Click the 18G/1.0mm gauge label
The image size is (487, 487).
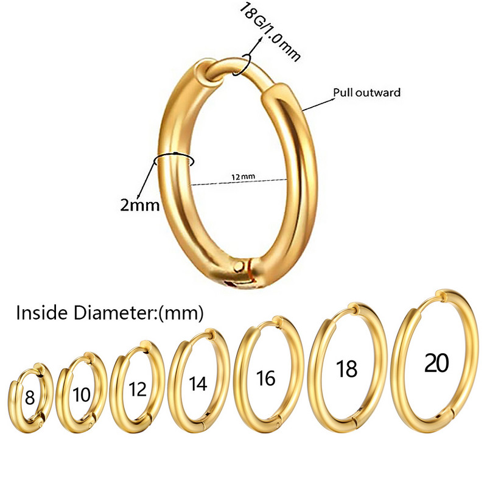270,32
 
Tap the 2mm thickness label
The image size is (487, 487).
140,205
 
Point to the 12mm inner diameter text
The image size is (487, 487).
243,177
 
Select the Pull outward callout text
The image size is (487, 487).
367,93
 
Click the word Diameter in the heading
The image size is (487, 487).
114,312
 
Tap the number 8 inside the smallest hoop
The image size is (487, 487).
30,398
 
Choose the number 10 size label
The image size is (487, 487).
82,394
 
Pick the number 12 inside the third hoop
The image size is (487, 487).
138,389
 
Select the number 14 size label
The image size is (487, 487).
198,384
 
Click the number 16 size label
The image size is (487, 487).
265,378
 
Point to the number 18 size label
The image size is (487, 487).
346,369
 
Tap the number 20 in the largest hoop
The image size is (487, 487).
436,362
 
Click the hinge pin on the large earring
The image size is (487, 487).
239,266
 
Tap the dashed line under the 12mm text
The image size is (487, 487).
239,182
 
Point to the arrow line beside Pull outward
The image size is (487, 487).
317,105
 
